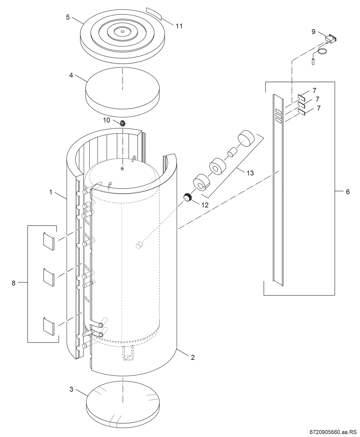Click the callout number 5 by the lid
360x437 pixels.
point(67,17)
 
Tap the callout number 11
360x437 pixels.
point(179,26)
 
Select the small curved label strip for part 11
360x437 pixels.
point(154,13)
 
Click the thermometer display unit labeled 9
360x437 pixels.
point(330,39)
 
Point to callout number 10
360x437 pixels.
point(107,120)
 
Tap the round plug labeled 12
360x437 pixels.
point(187,197)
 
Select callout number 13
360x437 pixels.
point(250,173)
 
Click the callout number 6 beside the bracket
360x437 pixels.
point(347,192)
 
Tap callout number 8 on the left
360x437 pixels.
point(13,283)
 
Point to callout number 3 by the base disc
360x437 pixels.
point(71,389)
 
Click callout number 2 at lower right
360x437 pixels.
point(193,358)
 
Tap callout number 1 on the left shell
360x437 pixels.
point(51,192)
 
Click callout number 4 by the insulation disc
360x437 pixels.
point(71,75)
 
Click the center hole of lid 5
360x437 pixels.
point(122,32)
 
